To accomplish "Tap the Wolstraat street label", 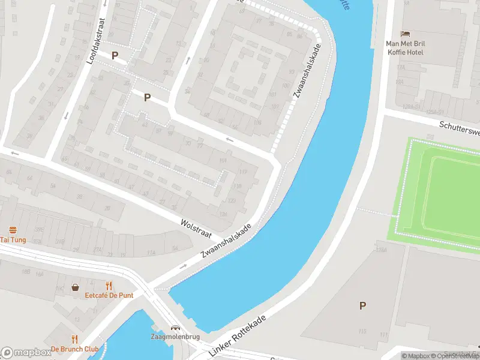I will pos(196,231).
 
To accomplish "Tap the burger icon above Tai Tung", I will pos(13,230).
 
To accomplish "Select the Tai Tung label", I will pos(13,240).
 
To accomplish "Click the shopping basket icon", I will pos(76,287).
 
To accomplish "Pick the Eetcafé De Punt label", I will pos(109,295).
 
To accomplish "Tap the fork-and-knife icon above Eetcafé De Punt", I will pos(109,286).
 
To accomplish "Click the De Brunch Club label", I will pos(74,349).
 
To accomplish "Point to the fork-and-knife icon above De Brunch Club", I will pos(74,339).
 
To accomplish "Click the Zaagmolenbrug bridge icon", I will pos(175,328).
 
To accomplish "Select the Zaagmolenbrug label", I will pos(175,337).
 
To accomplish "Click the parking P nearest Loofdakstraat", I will pos(115,56).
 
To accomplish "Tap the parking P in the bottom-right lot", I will pos(362,305).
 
